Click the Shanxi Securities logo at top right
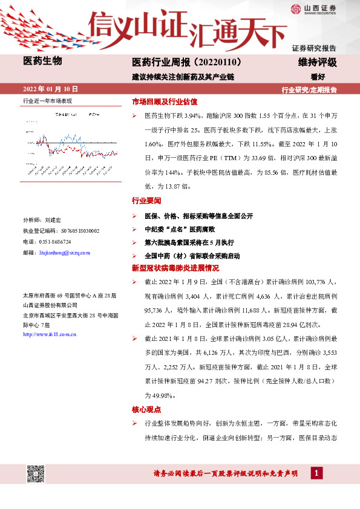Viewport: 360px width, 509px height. tap(320, 8)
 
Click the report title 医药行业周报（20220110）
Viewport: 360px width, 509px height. tap(187, 62)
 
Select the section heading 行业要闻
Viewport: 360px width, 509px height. tap(146, 200)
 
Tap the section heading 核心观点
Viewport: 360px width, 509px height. tap(146, 409)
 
